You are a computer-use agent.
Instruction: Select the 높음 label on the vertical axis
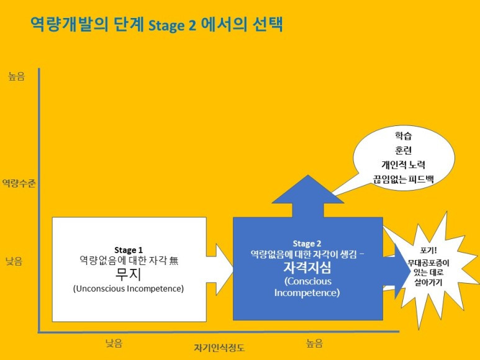[x=17, y=78]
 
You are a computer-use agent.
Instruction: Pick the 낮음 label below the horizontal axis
[x=114, y=343]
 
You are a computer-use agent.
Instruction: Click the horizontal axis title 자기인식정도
[x=219, y=348]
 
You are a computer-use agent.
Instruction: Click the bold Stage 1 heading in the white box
[x=129, y=250]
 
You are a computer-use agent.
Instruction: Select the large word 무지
[x=129, y=274]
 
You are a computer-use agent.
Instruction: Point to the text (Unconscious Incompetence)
[x=129, y=289]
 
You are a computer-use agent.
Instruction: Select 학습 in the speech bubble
[x=403, y=135]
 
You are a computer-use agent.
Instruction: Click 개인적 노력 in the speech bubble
[x=403, y=164]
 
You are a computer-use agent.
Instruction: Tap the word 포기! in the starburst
[x=428, y=250]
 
